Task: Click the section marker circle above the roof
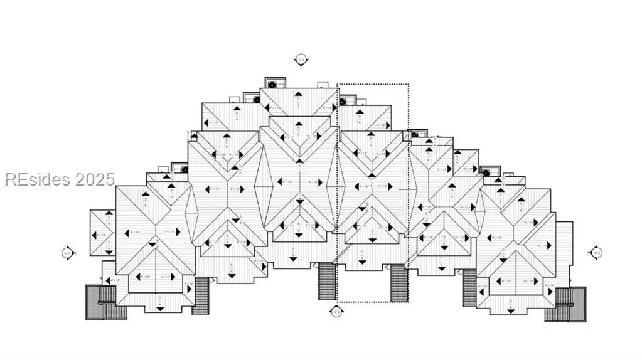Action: pos(301,60)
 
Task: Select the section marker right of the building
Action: pos(596,253)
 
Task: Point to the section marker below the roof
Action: pos(336,311)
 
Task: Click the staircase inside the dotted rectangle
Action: pos(399,283)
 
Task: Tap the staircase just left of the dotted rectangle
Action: pos(327,282)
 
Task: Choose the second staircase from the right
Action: pos(469,288)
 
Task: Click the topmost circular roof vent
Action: pos(272,84)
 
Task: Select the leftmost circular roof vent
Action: pos(184,169)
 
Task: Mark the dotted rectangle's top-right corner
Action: pos(409,84)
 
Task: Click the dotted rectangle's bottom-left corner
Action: pos(338,301)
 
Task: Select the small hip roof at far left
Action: pos(102,233)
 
